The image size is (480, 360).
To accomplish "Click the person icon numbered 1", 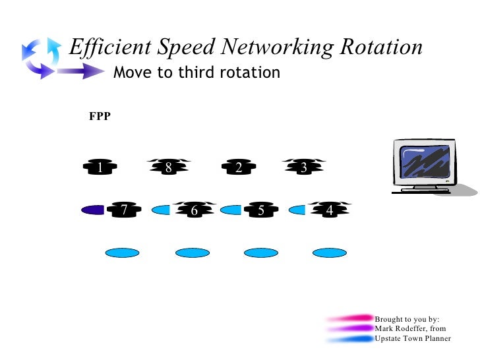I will (100, 167).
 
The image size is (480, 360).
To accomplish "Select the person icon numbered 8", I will (169, 167).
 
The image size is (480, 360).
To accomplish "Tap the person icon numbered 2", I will (238, 167).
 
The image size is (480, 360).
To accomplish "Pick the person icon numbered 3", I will (303, 167).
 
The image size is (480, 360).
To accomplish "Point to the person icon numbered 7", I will (124, 210).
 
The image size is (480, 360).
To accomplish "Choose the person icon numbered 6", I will (194, 210).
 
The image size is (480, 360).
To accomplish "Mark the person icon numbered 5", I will (261, 210).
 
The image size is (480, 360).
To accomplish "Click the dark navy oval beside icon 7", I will (93, 210).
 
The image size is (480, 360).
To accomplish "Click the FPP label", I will (100, 117).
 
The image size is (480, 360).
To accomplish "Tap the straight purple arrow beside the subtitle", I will (79, 73).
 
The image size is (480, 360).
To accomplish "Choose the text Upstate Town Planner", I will (413, 338).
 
